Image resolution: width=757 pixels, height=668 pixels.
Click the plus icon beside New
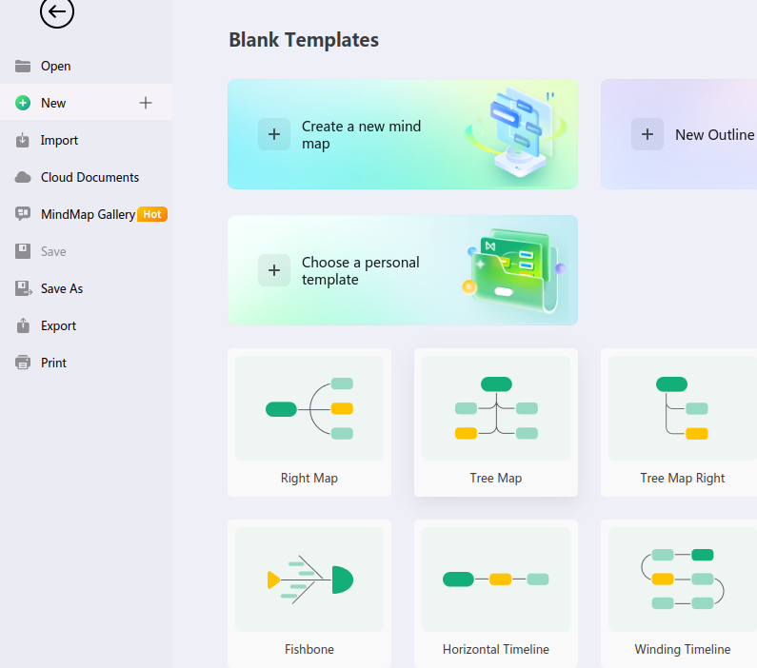point(146,103)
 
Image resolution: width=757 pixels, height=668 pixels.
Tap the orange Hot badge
point(152,214)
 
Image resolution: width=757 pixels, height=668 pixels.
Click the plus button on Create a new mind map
point(274,134)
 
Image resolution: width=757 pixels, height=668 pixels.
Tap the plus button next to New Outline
point(647,134)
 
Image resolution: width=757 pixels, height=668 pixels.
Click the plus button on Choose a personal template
point(274,270)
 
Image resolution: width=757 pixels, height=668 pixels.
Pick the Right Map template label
point(309,478)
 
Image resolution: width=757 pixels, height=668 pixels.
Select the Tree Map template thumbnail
point(496,408)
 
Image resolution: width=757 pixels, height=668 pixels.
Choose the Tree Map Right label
point(682,478)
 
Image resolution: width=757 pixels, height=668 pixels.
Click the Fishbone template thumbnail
point(309,580)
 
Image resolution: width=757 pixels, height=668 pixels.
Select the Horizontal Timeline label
point(496,649)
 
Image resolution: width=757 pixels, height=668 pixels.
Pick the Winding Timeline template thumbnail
point(682,580)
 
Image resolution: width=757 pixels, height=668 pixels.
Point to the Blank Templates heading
point(304,40)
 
